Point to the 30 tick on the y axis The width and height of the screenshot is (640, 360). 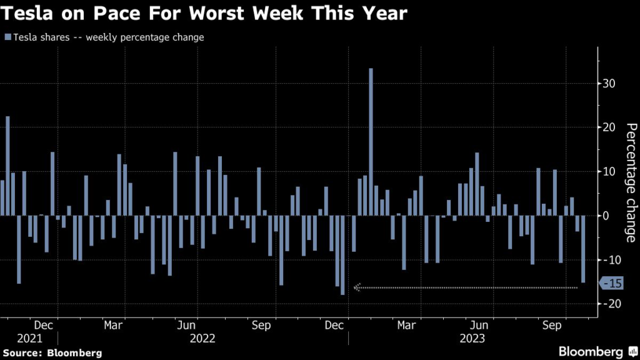click(x=608, y=84)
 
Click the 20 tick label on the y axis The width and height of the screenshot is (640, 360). click(x=608, y=127)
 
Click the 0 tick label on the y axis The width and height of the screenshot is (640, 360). click(x=604, y=216)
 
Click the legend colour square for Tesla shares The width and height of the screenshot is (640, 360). click(x=6, y=37)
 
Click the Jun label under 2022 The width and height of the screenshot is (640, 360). click(x=189, y=326)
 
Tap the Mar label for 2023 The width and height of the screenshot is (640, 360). click(x=407, y=326)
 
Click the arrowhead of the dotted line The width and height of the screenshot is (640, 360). click(x=357, y=287)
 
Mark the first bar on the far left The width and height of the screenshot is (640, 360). click(x=2, y=197)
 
